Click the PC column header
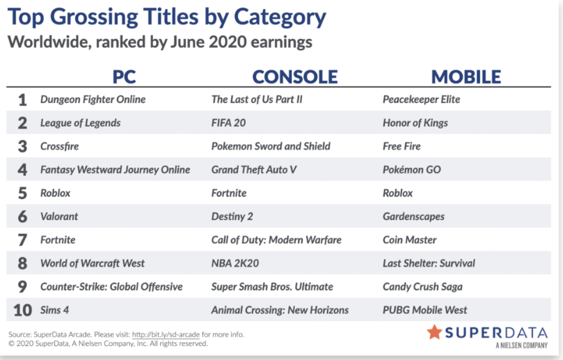coord(125,77)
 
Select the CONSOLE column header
coord(295,77)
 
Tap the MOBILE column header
coord(466,77)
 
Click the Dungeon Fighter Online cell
coord(93,100)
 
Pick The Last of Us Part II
coord(257,99)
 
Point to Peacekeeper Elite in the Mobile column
coord(421,100)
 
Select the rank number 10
coord(23,310)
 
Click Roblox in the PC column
coord(55,193)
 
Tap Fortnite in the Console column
coord(229,193)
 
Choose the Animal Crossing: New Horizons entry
coord(280,310)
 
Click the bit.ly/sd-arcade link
coord(166,334)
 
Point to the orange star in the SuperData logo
coord(434,332)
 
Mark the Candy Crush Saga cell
coord(422,287)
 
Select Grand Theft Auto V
coord(254,170)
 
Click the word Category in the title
coord(280,17)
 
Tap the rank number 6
coord(22,217)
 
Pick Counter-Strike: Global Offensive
coord(111,287)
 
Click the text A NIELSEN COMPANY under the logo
coord(521,345)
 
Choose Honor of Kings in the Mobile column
coord(415,123)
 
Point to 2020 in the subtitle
coord(228,42)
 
